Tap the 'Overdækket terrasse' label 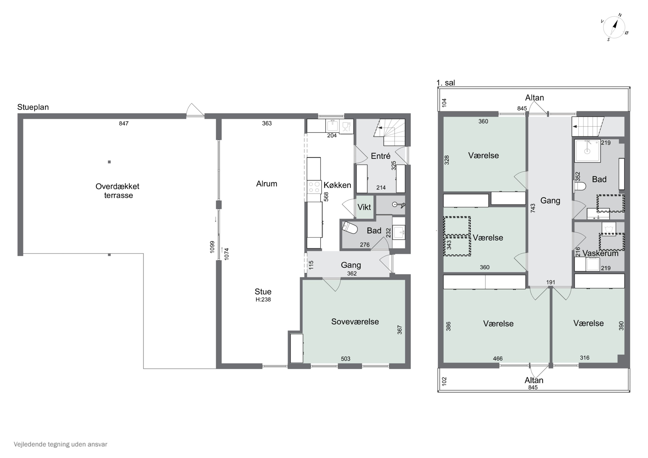click(x=118, y=191)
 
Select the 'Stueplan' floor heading click(x=33, y=107)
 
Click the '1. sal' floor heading click(x=446, y=83)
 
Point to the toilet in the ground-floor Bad click(x=349, y=228)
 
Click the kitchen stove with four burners click(x=314, y=187)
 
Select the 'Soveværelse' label click(x=355, y=322)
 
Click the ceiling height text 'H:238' click(x=263, y=300)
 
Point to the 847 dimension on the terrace click(x=124, y=123)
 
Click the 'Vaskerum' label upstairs click(x=600, y=254)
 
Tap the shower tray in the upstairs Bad click(x=588, y=151)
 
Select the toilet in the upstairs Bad click(x=580, y=186)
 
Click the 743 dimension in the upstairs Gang click(x=533, y=208)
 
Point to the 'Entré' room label click(x=381, y=156)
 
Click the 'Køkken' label click(x=337, y=185)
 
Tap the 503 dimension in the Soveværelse click(x=345, y=359)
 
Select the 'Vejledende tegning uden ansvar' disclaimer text click(x=60, y=444)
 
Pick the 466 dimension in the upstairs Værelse click(x=498, y=359)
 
